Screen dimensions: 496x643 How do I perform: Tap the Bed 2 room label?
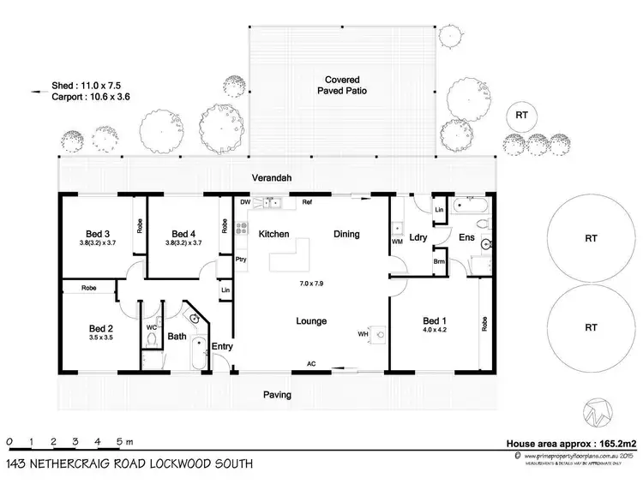pyautogui.click(x=100, y=328)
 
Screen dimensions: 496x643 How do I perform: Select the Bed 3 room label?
pyautogui.click(x=98, y=234)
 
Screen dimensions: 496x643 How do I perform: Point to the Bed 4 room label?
pyautogui.click(x=184, y=234)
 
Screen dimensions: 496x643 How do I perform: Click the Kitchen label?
pyautogui.click(x=273, y=234)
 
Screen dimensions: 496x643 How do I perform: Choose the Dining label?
pyautogui.click(x=346, y=234)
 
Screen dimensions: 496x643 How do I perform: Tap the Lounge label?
pyautogui.click(x=310, y=321)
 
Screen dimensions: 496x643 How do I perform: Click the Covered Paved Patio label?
pyautogui.click(x=340, y=82)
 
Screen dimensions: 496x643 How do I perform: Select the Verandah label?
pyautogui.click(x=272, y=177)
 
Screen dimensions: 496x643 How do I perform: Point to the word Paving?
pyautogui.click(x=276, y=395)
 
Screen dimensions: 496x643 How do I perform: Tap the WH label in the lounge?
pyautogui.click(x=364, y=333)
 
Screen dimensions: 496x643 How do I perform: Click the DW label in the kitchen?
pyautogui.click(x=244, y=202)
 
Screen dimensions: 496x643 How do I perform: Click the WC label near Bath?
pyautogui.click(x=151, y=326)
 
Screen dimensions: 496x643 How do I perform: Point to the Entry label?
pyautogui.click(x=222, y=346)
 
